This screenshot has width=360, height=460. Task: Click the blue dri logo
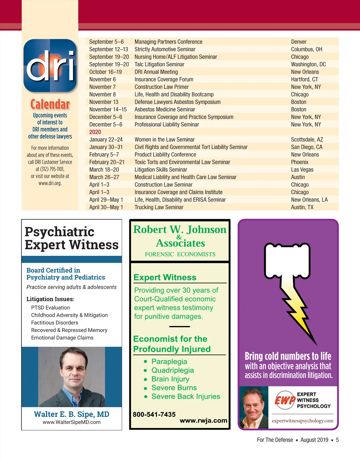coord(50,65)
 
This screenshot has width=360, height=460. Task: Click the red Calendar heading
coord(50,104)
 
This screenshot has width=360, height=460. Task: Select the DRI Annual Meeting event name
coord(156,72)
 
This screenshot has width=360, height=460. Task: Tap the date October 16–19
coord(106,72)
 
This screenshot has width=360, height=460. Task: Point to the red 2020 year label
coord(95,132)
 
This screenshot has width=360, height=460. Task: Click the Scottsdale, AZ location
coord(307,140)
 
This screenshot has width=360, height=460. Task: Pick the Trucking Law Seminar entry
coord(159,207)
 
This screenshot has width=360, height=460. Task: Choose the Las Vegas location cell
coord(302,170)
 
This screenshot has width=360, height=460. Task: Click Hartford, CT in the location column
coord(304,79)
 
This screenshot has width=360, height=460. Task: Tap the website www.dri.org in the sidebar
coord(50,183)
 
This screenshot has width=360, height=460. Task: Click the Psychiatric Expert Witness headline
coord(71,238)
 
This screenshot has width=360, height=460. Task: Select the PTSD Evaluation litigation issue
coord(50,308)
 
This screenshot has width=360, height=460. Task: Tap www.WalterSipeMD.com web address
coord(71,422)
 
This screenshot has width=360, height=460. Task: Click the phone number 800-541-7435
coord(154,414)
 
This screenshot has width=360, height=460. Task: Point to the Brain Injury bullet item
coord(170,379)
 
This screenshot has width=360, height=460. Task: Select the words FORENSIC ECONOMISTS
coord(180,254)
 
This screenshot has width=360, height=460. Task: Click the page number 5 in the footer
coord(337,440)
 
